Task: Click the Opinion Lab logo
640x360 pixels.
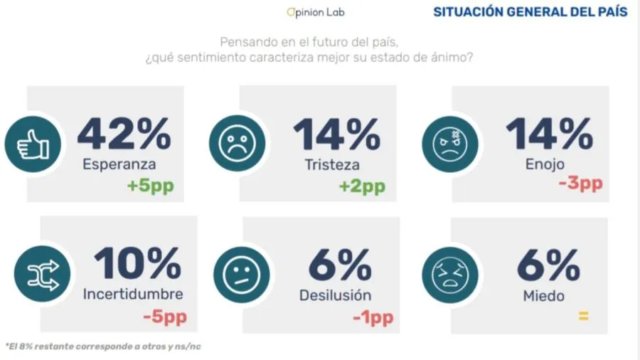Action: (x=315, y=12)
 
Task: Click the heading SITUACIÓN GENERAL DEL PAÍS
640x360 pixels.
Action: (x=530, y=12)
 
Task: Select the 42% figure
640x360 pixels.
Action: (x=124, y=133)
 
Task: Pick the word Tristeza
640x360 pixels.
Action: (x=331, y=164)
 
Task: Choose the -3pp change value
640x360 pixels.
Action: (x=580, y=183)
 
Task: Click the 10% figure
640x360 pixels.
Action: (x=137, y=265)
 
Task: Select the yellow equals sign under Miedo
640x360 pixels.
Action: (x=583, y=315)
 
